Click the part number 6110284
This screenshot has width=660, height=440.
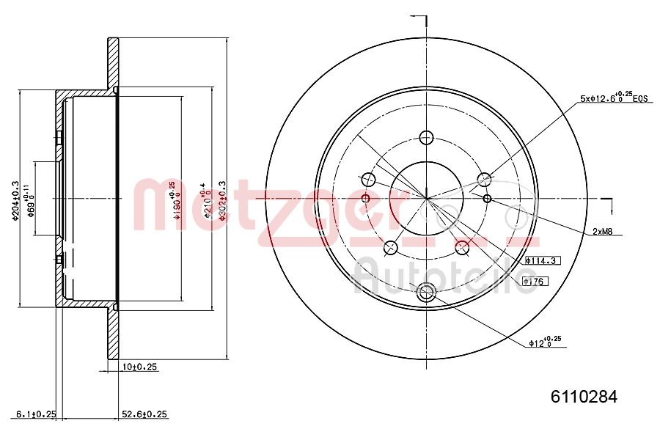pyautogui.click(x=584, y=397)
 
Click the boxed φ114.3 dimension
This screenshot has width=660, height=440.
pyautogui.click(x=542, y=260)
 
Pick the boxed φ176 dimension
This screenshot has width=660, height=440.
pyautogui.click(x=537, y=280)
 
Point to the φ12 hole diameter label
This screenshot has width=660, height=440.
pyautogui.click(x=544, y=341)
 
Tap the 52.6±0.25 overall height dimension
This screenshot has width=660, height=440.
pyautogui.click(x=144, y=414)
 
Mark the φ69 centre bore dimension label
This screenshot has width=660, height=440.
pyautogui.click(x=30, y=198)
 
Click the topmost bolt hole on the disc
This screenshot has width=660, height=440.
pyautogui.click(x=427, y=137)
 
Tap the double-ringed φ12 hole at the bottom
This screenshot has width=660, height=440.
pyautogui.click(x=426, y=293)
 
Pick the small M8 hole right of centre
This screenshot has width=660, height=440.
pyautogui.click(x=487, y=198)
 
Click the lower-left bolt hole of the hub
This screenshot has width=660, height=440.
pyautogui.click(x=391, y=247)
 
